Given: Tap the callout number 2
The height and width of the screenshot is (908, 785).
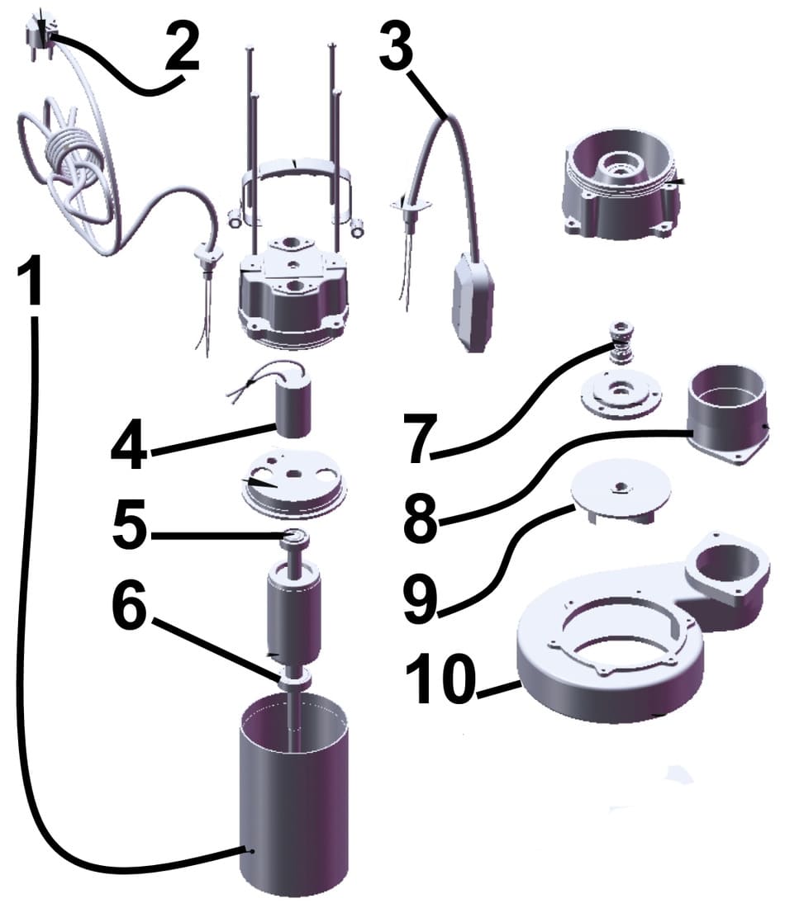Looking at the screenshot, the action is [x=182, y=46].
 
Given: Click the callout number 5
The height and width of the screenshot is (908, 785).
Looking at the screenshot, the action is [x=131, y=525].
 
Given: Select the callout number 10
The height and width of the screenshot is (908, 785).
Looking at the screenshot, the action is [x=440, y=679].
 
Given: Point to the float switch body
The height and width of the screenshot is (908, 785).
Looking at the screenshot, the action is [x=473, y=302].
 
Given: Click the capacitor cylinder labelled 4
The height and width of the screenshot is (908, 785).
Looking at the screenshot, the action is [x=293, y=405].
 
